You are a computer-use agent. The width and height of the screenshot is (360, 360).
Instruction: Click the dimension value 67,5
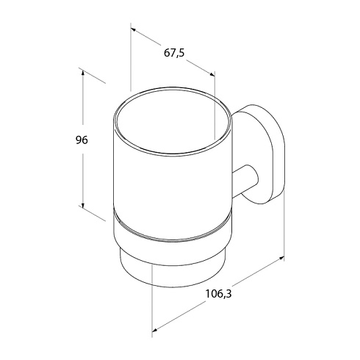click(174, 53)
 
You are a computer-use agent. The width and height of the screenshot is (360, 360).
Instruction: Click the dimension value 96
click(82, 140)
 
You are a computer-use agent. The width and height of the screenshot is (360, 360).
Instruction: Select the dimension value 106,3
click(218, 294)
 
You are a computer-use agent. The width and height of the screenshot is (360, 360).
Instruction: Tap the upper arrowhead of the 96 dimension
click(83, 73)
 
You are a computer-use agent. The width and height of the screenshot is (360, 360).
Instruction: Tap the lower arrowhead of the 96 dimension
click(83, 205)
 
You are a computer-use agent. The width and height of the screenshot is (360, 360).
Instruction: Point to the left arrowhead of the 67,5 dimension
click(134, 30)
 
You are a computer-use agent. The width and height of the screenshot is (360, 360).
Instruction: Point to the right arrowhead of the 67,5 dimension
click(212, 74)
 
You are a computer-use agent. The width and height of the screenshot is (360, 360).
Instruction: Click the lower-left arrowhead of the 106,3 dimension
click(155, 329)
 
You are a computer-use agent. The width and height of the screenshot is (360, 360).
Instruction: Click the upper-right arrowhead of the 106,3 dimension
click(281, 258)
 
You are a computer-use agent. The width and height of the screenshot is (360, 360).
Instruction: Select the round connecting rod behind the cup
click(245, 181)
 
